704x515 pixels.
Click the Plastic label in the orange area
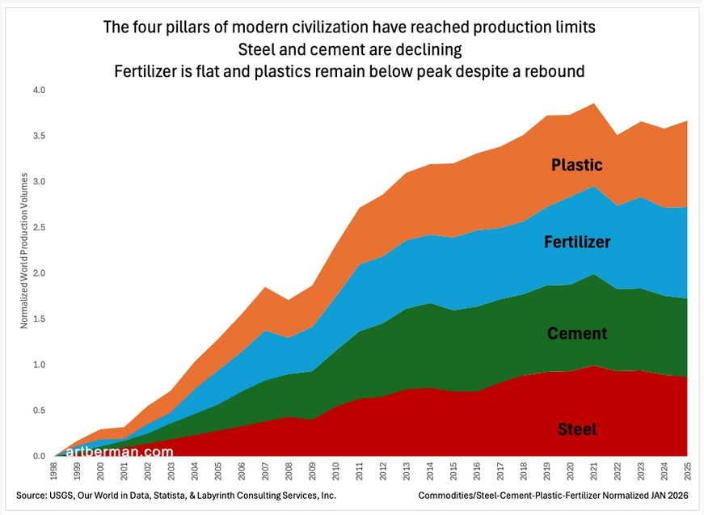point(576,165)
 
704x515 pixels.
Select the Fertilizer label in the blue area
point(577,242)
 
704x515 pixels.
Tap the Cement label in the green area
point(577,333)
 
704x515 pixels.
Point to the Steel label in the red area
point(577,429)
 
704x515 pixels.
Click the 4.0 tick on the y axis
point(39,91)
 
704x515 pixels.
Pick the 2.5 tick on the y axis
point(39,228)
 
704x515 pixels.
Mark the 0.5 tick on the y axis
point(39,411)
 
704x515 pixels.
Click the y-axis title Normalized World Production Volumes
point(24,250)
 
